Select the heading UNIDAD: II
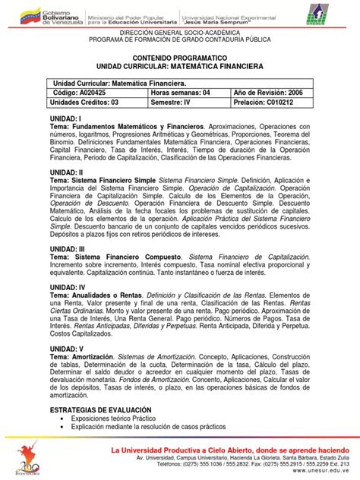tap(67, 172)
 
